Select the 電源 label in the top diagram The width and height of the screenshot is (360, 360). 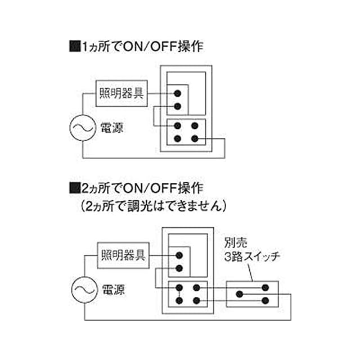111,128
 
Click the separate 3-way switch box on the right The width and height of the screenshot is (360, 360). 251,294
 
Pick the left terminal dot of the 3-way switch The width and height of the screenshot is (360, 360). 238,294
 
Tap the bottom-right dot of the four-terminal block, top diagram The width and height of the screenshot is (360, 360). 195,138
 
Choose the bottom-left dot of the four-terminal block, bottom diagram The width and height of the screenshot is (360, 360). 179,301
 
